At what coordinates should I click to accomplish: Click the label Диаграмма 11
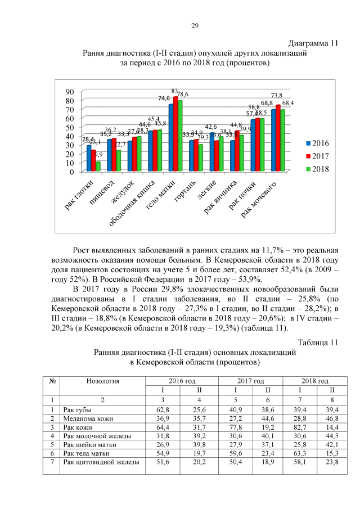click(313, 43)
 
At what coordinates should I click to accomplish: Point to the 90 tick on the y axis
click(70, 91)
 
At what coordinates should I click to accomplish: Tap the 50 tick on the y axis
click(70, 127)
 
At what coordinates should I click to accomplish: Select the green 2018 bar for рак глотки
click(98, 166)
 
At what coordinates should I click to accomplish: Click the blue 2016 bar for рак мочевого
click(273, 140)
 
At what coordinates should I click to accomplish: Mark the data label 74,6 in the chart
click(164, 98)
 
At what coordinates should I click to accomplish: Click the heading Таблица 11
click(318, 343)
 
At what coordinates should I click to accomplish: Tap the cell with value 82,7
click(307, 427)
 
